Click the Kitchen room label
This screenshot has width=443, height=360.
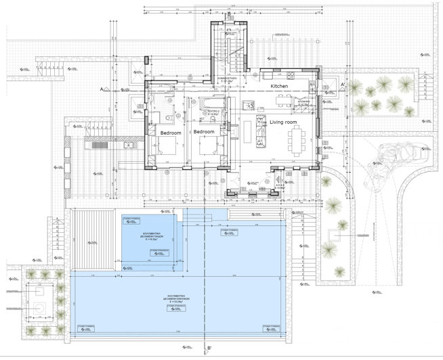click(280, 87)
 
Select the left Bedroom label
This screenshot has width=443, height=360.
click(171, 133)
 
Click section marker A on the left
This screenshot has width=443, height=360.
click(101, 89)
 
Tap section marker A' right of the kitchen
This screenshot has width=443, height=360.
click(343, 85)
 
